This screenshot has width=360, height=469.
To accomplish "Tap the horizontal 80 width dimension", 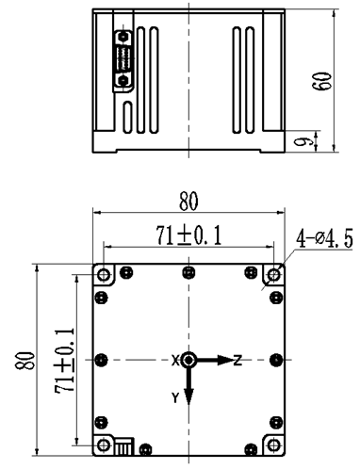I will (188, 202).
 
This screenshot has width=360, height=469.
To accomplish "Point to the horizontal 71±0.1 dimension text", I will (188, 234).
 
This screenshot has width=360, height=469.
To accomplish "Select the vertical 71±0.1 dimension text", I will (63, 360).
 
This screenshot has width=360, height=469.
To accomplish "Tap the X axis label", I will (175, 360).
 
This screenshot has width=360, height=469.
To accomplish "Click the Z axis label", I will (238, 360).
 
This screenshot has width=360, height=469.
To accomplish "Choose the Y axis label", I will (175, 398).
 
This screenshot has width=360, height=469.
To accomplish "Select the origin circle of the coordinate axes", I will (189, 360).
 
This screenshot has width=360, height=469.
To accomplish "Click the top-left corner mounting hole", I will (103, 275).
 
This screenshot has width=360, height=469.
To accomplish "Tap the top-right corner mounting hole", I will (273, 275).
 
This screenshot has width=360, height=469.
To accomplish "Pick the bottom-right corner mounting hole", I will (273, 445).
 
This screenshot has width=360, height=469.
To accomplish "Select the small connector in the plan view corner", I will (122, 443).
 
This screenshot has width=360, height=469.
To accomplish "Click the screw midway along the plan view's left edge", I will (102, 360).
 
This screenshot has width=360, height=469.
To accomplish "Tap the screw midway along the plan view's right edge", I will (275, 360).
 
